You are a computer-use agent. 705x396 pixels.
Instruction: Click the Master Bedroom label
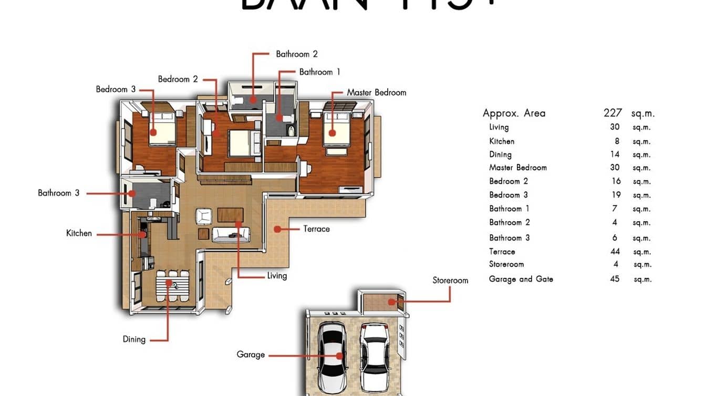pos(376,92)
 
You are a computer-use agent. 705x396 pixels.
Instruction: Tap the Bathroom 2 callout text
pos(297,54)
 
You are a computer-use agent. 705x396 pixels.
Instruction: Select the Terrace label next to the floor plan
pos(316,229)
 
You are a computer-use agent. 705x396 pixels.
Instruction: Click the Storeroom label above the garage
pos(450,280)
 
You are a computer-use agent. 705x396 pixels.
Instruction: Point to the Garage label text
pos(251,355)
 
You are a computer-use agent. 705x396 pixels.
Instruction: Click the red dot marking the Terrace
pos(276,229)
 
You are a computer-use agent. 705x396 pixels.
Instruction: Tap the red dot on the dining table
pos(169,283)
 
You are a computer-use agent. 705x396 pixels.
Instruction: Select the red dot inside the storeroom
pos(391,301)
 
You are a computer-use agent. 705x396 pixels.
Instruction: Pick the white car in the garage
pos(375,353)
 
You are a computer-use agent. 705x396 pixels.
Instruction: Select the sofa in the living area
pos(231,234)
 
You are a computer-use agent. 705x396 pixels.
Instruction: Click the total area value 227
pos(613,113)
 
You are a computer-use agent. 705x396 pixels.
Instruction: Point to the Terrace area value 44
pos(615,252)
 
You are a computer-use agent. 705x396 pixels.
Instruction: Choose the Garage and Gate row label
pos(521,279)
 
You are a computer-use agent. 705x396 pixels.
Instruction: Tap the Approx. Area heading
pos(514,113)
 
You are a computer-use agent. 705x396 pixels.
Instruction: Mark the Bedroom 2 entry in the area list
pos(509,181)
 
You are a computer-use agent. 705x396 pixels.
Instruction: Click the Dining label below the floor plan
pos(134,339)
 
